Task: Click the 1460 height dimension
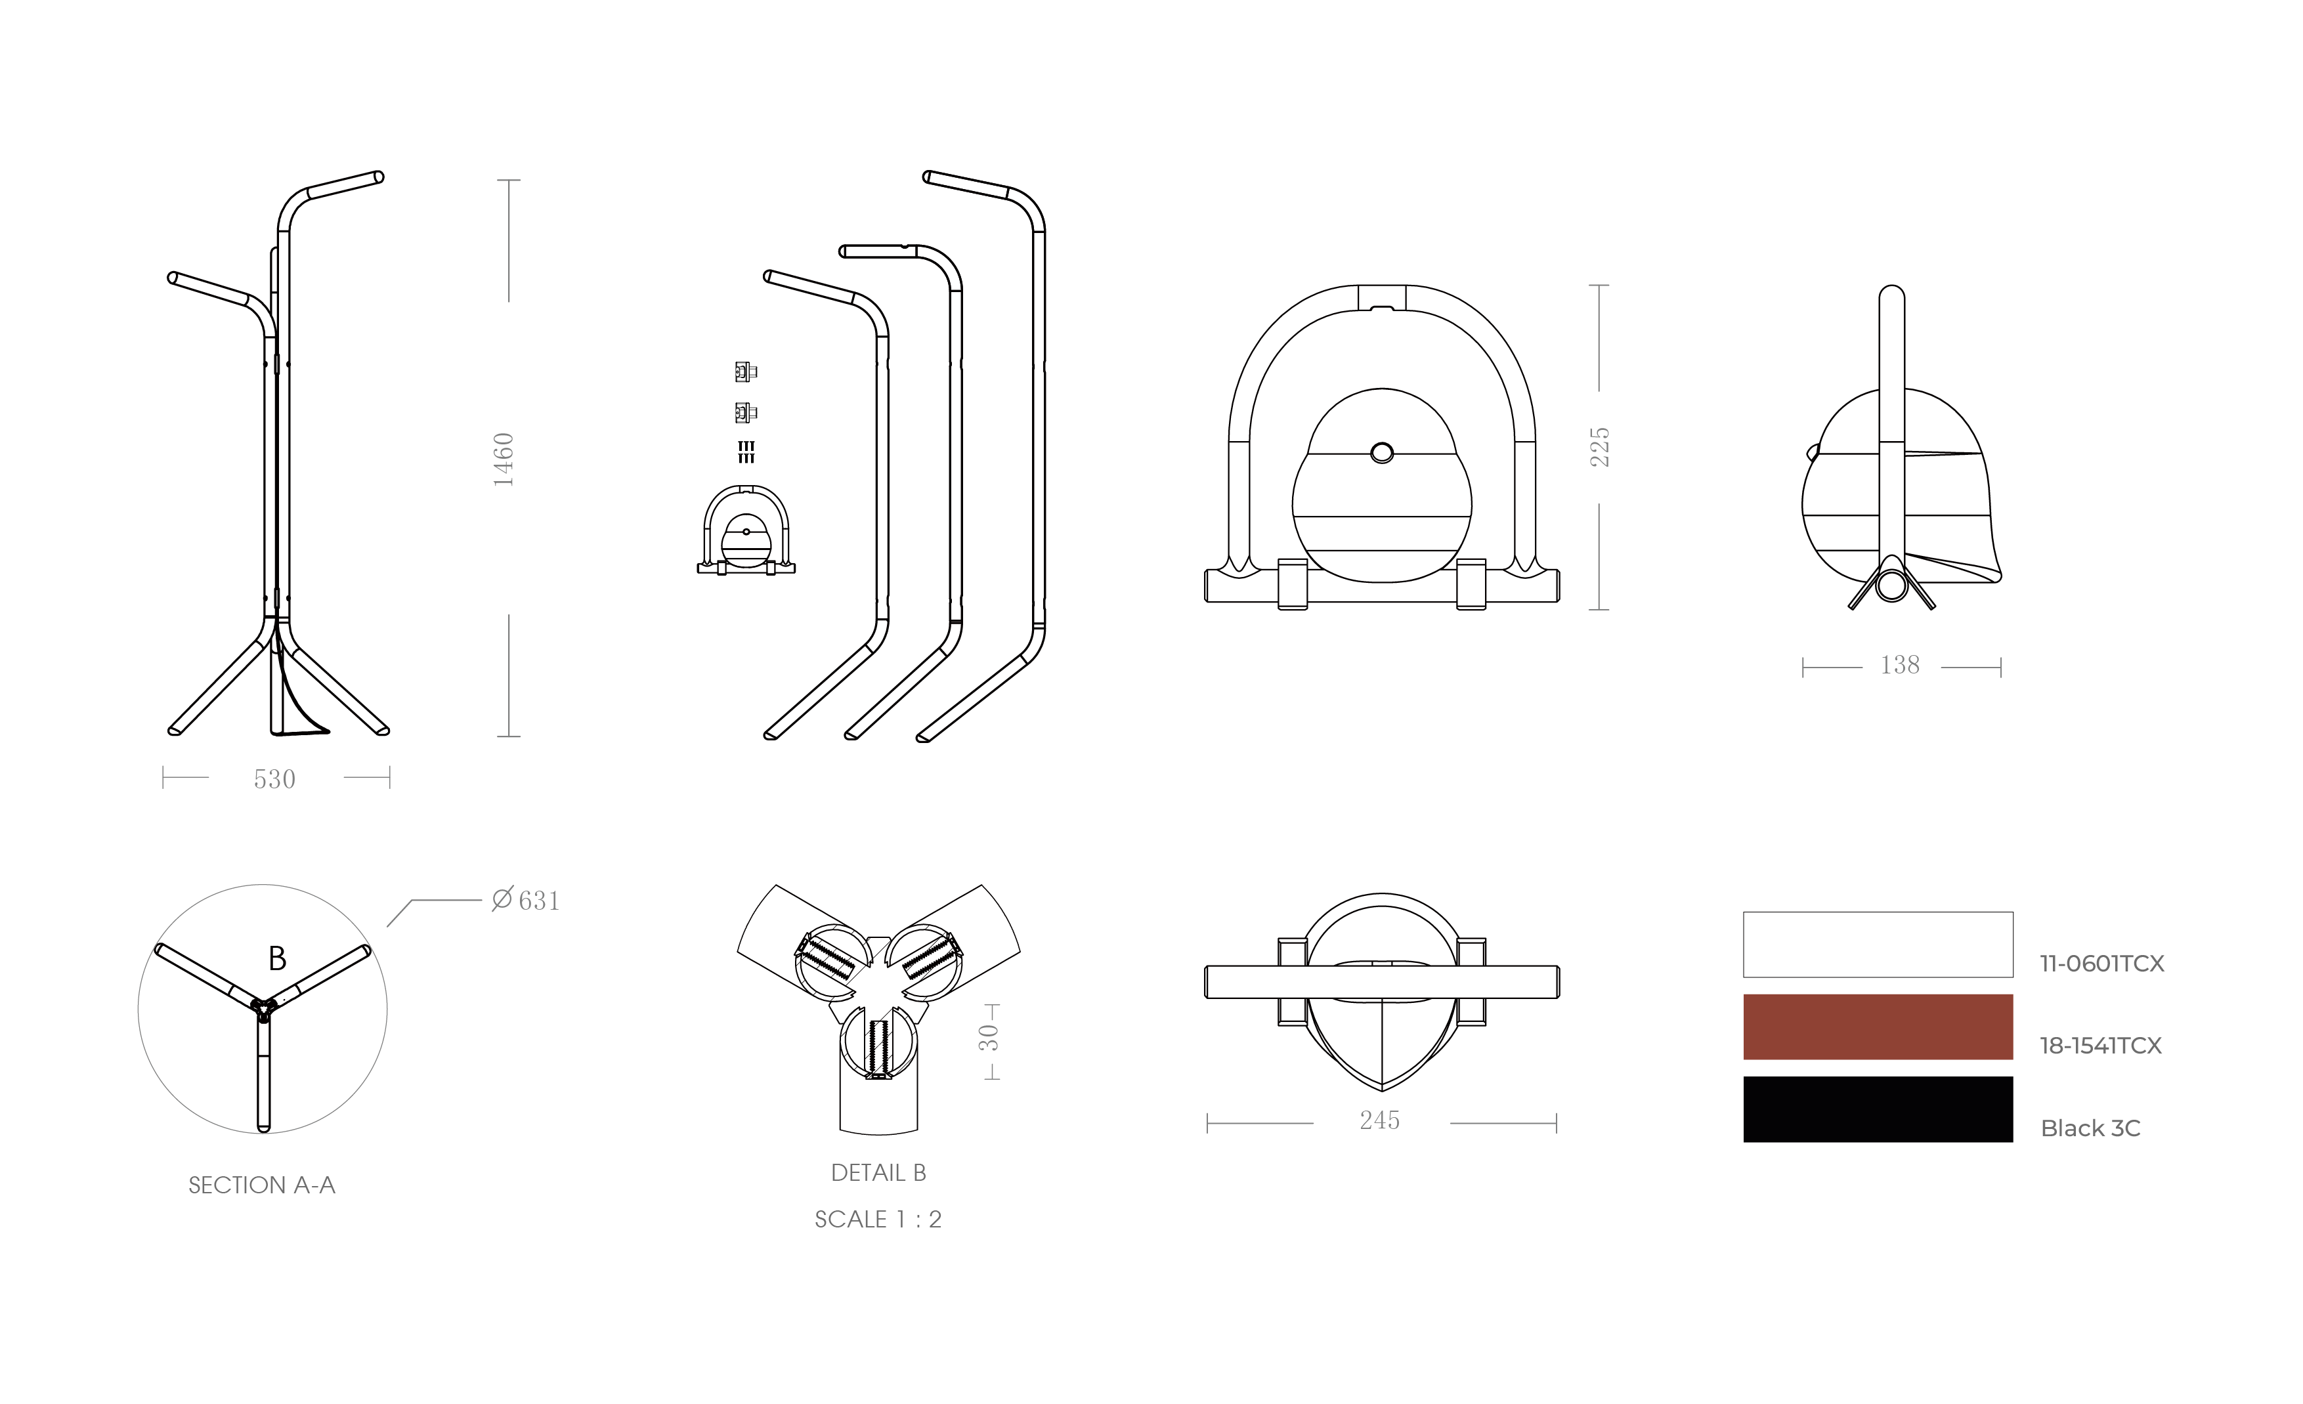504,459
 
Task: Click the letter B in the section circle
276,958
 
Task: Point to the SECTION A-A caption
262,1185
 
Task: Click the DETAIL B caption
878,1173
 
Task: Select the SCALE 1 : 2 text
878,1219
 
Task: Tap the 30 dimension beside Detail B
989,1038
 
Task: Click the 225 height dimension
1600,447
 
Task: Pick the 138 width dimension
1899,665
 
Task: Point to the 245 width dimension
1379,1120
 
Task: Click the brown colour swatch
1878,1027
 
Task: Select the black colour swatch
1878,1109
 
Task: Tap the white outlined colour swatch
1878,944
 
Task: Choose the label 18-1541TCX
2101,1046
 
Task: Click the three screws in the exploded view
746,452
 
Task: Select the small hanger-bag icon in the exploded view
746,530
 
